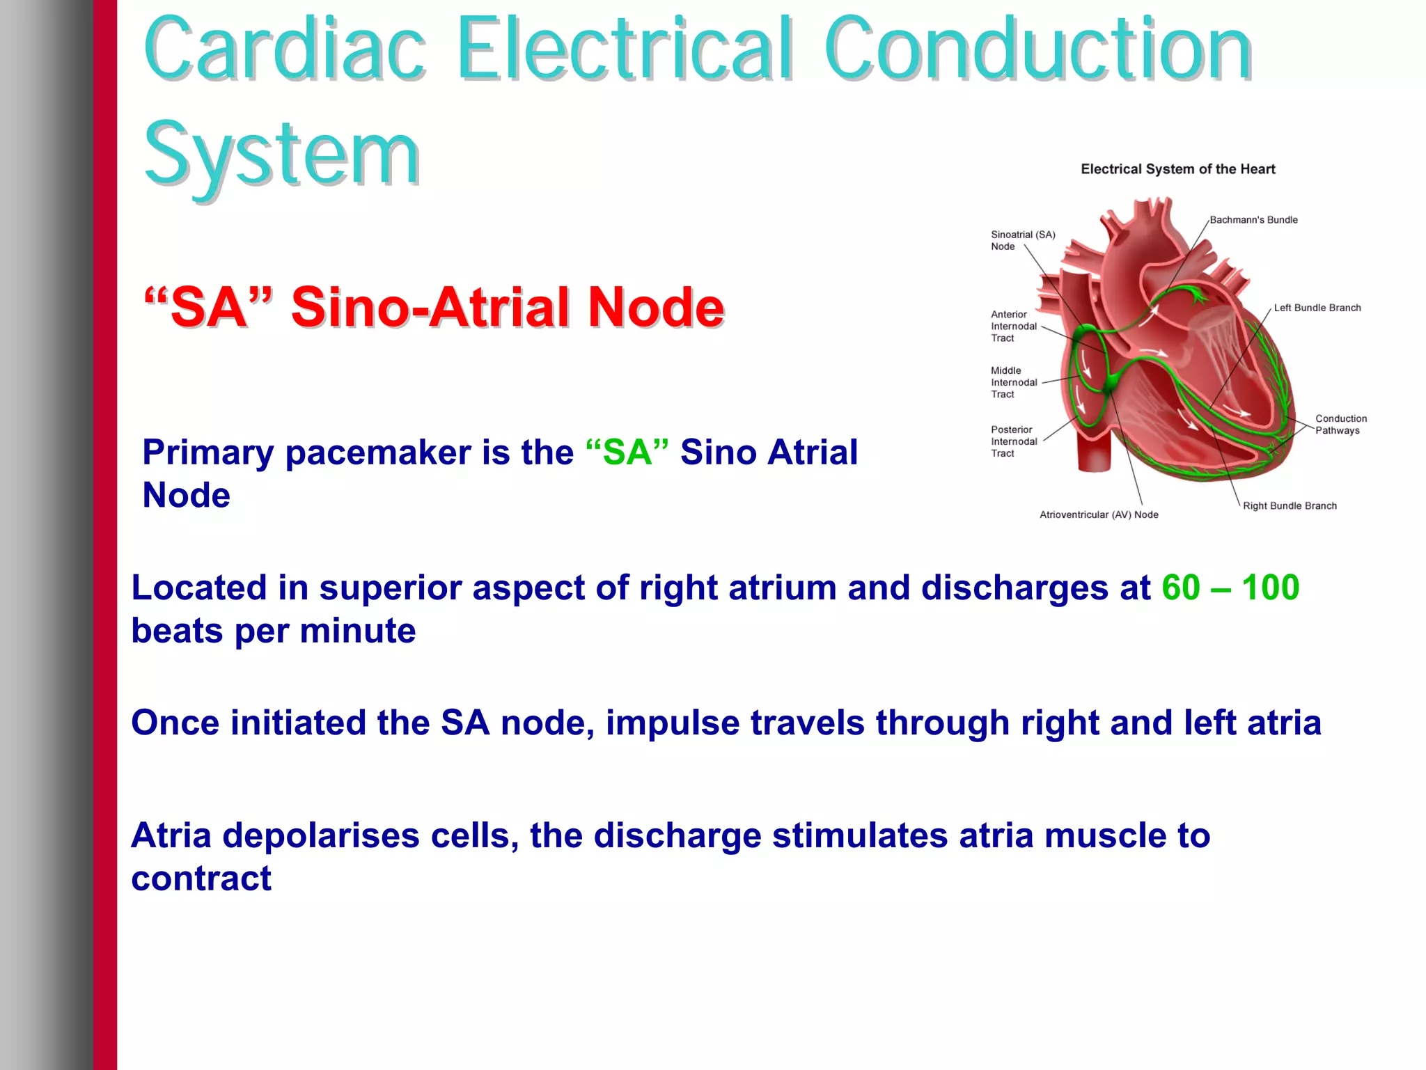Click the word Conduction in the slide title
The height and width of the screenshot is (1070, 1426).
tap(1037, 49)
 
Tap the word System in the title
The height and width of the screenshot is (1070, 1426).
tap(281, 155)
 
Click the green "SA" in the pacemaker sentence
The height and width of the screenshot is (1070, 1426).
tap(627, 453)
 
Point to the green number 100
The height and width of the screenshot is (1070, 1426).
tap(1270, 588)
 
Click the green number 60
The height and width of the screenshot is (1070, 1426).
tap(1181, 588)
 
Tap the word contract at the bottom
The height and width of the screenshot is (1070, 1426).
tap(201, 879)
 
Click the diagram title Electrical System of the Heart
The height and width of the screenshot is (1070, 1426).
tap(1177, 169)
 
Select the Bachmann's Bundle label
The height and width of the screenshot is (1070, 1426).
tap(1253, 220)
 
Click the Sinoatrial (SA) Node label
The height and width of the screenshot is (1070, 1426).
tap(1022, 240)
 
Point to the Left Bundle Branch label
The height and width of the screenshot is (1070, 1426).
tap(1317, 308)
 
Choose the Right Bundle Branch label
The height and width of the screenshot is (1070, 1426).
tap(1290, 506)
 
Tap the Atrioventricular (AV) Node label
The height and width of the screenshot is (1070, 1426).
tap(1099, 515)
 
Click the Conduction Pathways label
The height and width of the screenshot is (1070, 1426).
tap(1340, 424)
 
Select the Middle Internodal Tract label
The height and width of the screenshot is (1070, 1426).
tap(1014, 382)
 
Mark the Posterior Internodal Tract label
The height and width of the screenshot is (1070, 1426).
tap(1014, 441)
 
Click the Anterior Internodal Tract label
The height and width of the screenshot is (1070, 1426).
tap(1014, 326)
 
